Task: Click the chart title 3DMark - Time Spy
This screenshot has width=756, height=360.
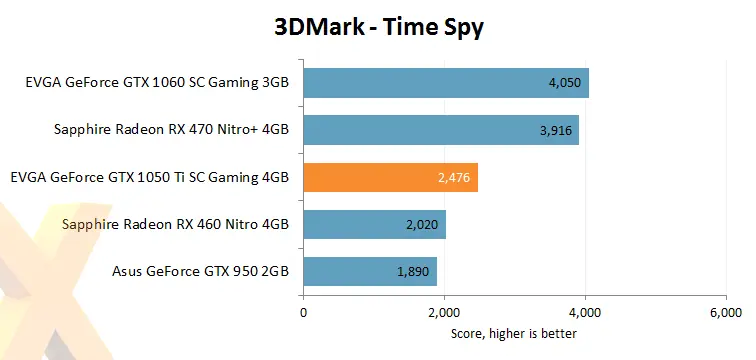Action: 379,28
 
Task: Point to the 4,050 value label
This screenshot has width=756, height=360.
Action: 565,83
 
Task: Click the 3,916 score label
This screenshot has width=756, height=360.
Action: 555,130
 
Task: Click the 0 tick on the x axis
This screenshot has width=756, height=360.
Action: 304,313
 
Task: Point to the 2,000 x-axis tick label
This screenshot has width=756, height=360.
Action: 444,313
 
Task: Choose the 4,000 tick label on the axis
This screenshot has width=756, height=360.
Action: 585,313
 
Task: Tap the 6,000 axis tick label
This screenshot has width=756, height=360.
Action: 725,313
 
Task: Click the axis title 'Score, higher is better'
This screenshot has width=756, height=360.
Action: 514,333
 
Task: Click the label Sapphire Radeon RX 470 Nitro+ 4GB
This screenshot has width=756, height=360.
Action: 171,130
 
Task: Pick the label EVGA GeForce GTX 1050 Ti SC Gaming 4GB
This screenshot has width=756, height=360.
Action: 149,178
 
